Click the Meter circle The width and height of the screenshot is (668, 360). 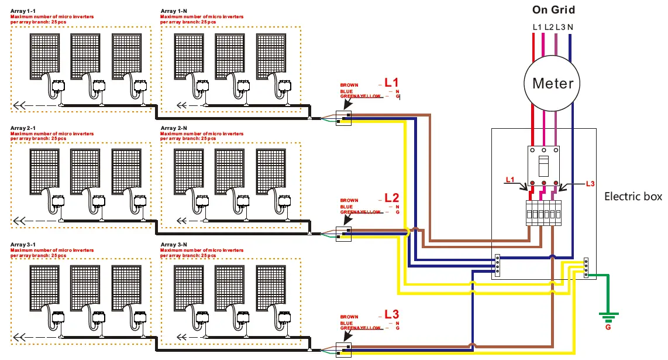tap(553, 83)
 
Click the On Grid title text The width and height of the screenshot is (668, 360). tap(553, 9)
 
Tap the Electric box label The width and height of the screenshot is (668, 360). tap(633, 197)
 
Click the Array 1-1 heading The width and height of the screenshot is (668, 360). tap(23, 12)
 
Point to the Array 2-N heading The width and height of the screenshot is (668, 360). tap(174, 128)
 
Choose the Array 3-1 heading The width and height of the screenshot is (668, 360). tap(23, 244)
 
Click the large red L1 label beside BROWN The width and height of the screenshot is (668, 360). tap(391, 83)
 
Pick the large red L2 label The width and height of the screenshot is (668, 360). tap(391, 198)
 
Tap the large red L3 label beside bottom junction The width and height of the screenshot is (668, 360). tap(391, 314)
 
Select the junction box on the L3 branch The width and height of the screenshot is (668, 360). tap(343, 350)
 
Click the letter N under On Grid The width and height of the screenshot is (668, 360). tap(570, 27)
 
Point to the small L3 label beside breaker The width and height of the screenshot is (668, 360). tap(590, 183)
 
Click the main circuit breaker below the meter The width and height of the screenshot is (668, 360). tap(544, 167)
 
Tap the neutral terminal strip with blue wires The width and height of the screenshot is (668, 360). tap(497, 264)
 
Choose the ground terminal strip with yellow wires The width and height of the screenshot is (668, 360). tap(586, 267)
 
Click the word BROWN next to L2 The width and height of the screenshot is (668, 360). tap(349, 201)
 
